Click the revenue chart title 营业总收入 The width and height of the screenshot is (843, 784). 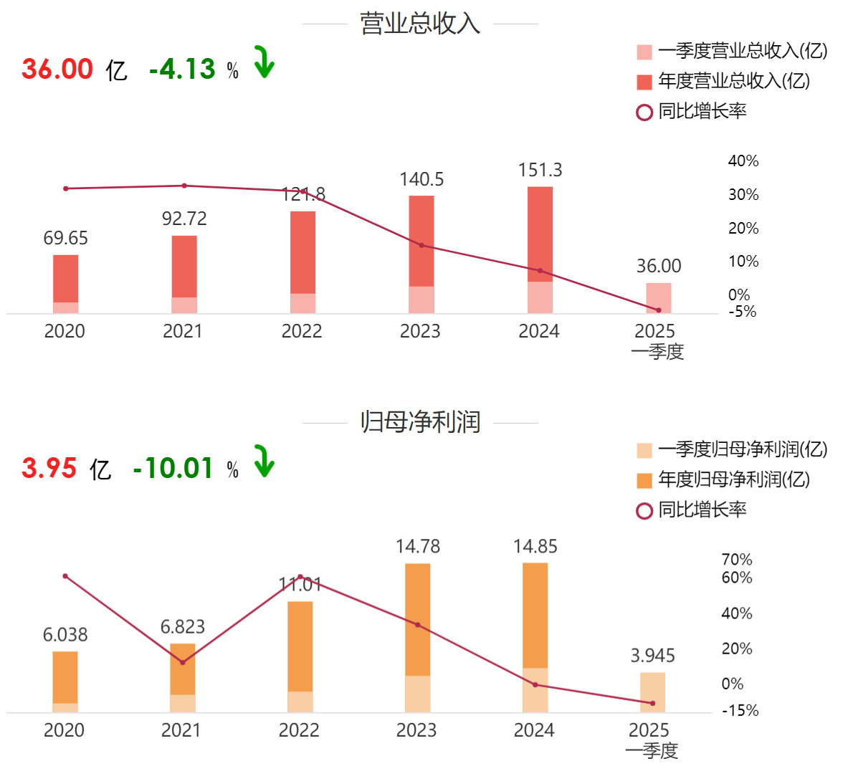pos(420,24)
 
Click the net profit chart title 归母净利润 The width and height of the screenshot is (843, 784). pos(420,422)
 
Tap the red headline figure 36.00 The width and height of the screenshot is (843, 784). pos(57,70)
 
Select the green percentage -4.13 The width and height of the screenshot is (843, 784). pos(182,70)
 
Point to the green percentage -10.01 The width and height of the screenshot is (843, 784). pos(173,469)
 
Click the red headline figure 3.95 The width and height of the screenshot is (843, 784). pos(49,469)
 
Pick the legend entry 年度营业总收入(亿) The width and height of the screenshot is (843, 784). pos(733,81)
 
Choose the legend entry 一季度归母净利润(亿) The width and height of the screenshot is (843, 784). pos(742,449)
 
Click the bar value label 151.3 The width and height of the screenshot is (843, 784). pos(540,171)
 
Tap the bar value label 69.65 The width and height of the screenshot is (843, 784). pos(65,239)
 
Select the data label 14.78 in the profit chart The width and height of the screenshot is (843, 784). pos(418,547)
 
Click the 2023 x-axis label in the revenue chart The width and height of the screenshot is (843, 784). pos(420,331)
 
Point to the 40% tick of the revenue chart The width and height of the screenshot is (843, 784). pos(743,161)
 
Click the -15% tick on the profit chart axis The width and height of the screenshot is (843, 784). pos(740,711)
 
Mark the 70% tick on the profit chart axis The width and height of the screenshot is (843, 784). pos(737,560)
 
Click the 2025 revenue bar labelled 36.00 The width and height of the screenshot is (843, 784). pos(659,298)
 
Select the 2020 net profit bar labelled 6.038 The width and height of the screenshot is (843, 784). pos(65,681)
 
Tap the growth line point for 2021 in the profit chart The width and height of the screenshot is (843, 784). pos(183,662)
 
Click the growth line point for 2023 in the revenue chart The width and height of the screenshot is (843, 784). pos(421,245)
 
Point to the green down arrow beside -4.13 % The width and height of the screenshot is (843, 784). pos(265,62)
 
